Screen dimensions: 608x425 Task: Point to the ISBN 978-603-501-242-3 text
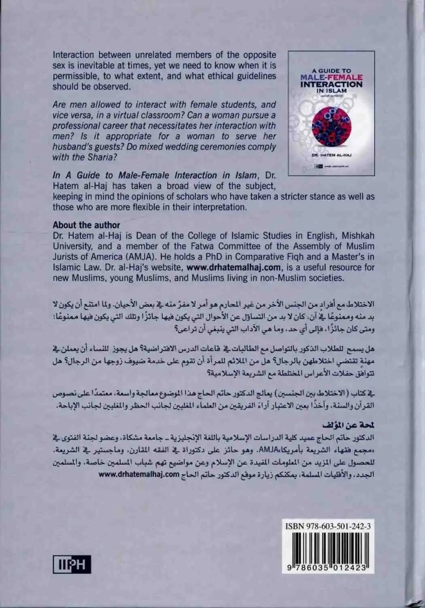pos(328,526)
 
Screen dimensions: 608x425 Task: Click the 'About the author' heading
pos(86,225)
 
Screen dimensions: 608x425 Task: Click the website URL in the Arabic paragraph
pos(138,475)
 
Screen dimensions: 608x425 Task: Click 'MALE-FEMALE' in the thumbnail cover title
pos(331,77)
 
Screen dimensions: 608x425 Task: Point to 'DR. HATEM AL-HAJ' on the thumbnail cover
pos(331,154)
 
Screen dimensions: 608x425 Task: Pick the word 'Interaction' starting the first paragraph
pos(73,55)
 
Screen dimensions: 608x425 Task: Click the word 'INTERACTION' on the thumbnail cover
pos(331,84)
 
